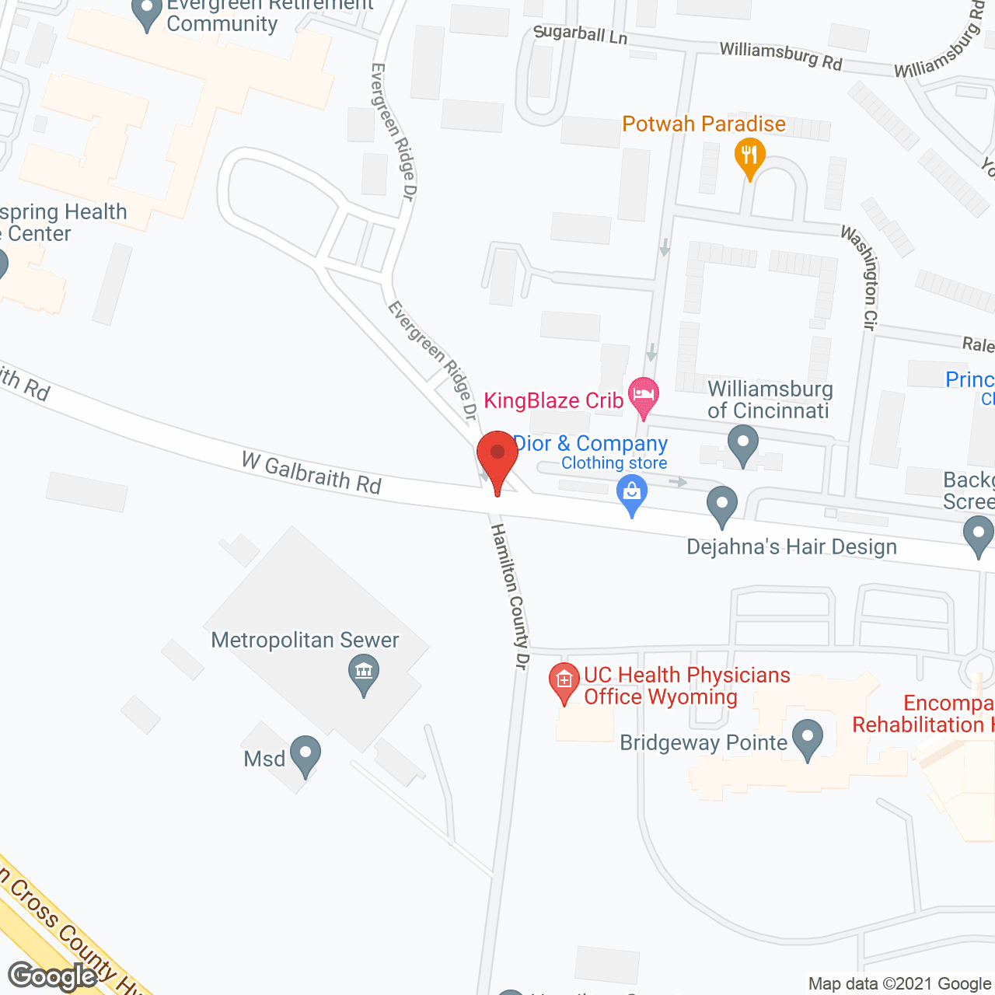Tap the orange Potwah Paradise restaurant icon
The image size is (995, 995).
click(x=749, y=155)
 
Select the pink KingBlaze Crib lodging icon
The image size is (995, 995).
click(x=644, y=395)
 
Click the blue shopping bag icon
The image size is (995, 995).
click(x=632, y=493)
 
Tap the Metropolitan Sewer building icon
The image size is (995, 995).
click(x=363, y=672)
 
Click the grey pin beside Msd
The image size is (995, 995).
click(x=305, y=754)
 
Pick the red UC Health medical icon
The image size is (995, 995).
click(x=564, y=681)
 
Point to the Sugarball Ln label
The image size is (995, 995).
click(x=580, y=34)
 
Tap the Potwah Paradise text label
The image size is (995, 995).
click(x=703, y=124)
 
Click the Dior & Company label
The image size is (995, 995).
click(x=591, y=444)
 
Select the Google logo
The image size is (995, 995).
click(x=53, y=976)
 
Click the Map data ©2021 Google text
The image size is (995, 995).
click(x=899, y=984)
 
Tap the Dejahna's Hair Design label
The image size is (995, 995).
click(x=791, y=547)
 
